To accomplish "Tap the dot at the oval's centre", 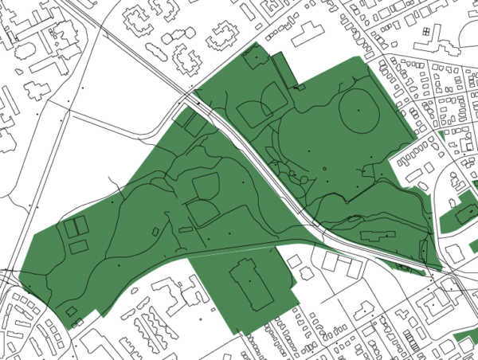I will [359, 109].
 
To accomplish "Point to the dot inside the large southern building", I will [249, 280].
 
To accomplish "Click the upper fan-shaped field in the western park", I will [206, 186].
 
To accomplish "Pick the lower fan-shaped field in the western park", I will [202, 211].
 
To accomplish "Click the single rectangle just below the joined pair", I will [79, 246].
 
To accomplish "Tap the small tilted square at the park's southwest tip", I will [71, 311].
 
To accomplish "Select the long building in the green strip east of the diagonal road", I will [377, 235].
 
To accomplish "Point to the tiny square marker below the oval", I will [325, 170].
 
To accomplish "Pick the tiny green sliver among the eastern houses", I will [440, 136].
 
